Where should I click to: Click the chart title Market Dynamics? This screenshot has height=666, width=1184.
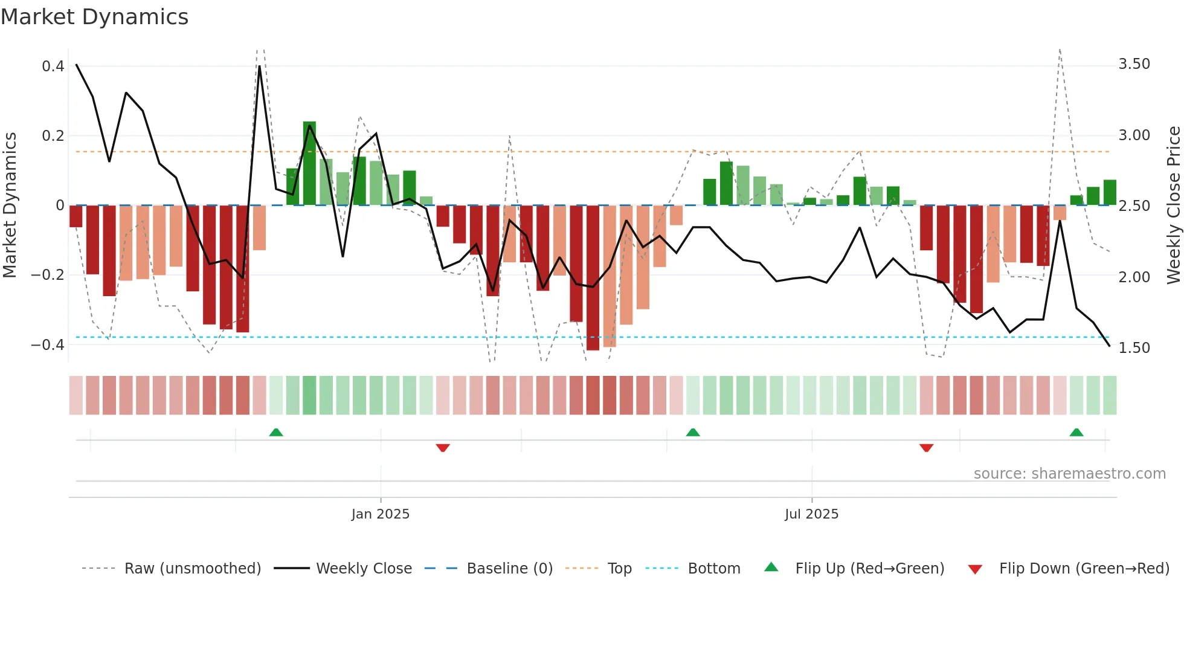[95, 17]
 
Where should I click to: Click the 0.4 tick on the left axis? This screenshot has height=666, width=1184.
[53, 66]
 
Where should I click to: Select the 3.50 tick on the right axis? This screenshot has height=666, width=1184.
[1134, 64]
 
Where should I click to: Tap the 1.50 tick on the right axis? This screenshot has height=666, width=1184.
[1134, 348]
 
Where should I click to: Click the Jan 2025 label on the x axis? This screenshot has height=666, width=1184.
[381, 514]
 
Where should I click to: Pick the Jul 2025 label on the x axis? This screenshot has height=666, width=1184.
[811, 514]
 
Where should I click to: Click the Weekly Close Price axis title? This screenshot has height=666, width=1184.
[1173, 205]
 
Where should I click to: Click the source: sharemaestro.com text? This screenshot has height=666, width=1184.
[1069, 474]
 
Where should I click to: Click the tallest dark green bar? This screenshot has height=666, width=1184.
[309, 163]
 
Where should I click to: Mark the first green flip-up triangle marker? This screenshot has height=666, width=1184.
[276, 432]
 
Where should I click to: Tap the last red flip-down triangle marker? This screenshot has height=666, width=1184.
[926, 448]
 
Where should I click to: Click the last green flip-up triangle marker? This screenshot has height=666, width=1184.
[1076, 432]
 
